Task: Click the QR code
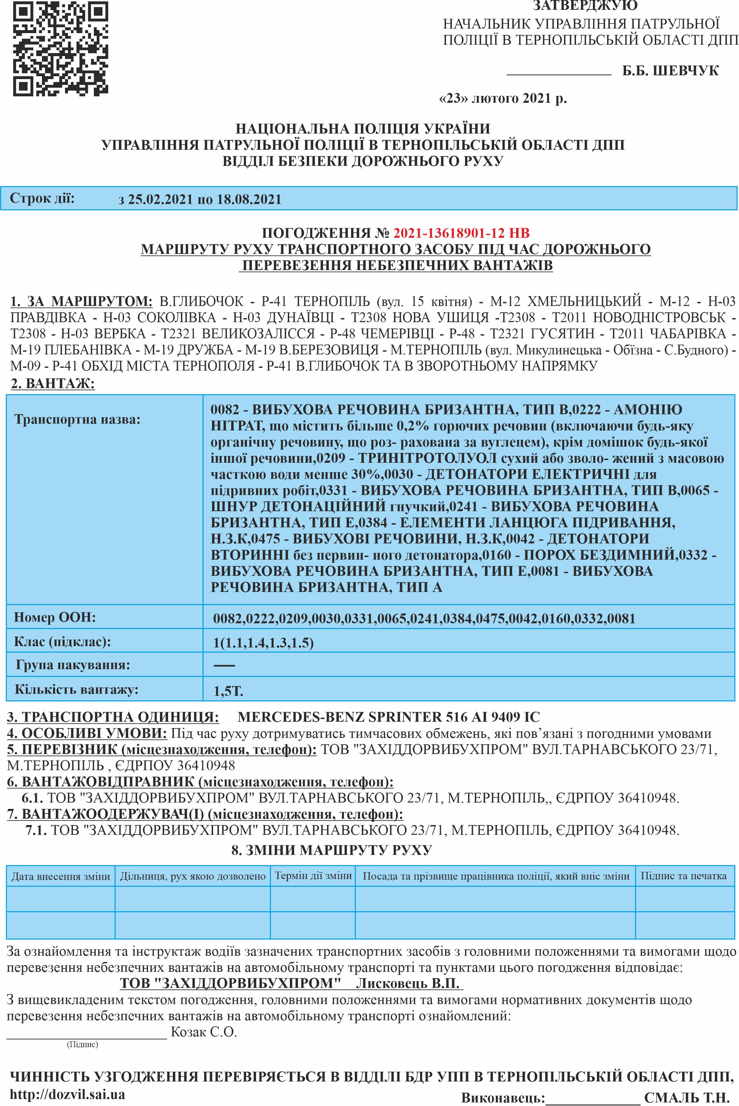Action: [x=61, y=49]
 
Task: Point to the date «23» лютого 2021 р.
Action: [x=502, y=98]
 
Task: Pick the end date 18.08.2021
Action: [x=249, y=199]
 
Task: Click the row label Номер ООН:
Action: [x=55, y=617]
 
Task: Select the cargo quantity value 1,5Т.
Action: [x=228, y=691]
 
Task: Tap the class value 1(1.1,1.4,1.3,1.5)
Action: [x=263, y=643]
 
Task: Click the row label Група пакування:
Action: [x=73, y=665]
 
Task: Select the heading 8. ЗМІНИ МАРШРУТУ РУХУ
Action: [x=331, y=850]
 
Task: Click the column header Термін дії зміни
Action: [x=313, y=876]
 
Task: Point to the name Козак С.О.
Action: [x=204, y=1032]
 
